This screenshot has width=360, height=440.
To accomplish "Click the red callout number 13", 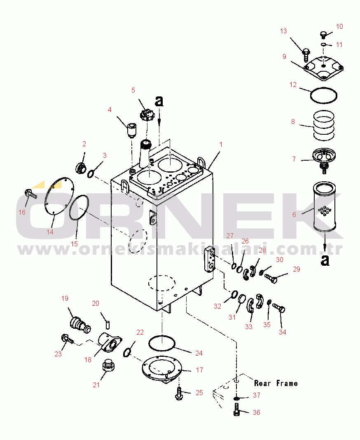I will [x=283, y=31].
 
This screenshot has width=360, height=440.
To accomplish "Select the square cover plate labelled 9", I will [x=324, y=68].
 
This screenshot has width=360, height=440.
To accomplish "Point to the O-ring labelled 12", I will [x=324, y=96].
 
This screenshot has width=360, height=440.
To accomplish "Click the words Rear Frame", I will [x=276, y=383].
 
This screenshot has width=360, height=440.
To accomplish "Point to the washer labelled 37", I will [x=236, y=398].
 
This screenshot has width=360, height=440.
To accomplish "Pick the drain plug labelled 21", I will [x=108, y=365].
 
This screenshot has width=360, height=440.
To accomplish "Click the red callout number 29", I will [x=296, y=269].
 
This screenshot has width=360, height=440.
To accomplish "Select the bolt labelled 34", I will [x=279, y=307].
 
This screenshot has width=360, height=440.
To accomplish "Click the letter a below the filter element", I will [x=325, y=260].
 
